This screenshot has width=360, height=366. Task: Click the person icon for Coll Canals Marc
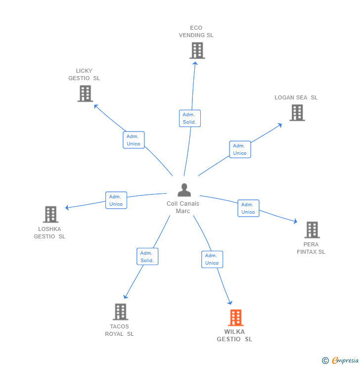click(184, 190)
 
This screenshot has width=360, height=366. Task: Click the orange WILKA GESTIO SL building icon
click(236, 318)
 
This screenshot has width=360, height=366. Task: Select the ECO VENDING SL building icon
click(197, 50)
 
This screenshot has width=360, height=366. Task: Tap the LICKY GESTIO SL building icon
click(85, 93)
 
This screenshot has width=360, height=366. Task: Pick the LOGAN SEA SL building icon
click(297, 113)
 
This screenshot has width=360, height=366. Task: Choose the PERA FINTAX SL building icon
click(312, 230)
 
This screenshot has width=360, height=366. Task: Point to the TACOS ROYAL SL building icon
click(120, 312)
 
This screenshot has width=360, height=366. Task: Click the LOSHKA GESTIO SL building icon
click(50, 215)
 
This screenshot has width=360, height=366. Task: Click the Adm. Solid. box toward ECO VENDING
click(189, 118)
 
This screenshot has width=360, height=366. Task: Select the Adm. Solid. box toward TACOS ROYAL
click(147, 257)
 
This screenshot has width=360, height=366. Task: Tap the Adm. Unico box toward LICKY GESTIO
click(134, 140)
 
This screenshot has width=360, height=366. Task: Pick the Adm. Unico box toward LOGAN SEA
click(240, 149)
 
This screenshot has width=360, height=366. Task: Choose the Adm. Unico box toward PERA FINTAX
click(248, 208)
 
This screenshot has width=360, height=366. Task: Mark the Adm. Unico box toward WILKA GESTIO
click(212, 259)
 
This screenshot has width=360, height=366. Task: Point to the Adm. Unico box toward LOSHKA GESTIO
click(116, 200)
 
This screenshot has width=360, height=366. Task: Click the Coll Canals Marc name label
click(183, 207)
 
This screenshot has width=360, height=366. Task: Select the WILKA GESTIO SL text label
click(234, 335)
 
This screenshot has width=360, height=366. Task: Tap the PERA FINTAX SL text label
click(311, 248)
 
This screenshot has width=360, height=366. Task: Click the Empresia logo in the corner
click(340, 361)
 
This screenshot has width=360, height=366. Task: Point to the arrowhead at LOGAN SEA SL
click(280, 124)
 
